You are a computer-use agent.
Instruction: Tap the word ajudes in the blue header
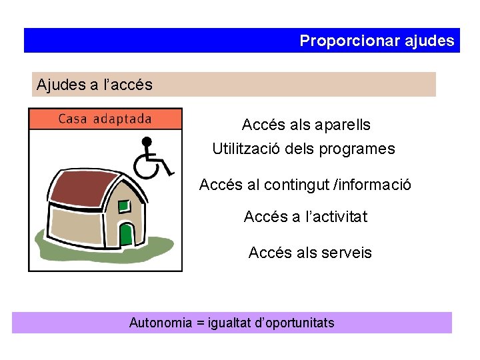[429, 41]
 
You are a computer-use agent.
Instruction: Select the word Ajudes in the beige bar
[61, 85]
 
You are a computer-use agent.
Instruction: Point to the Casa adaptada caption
[105, 119]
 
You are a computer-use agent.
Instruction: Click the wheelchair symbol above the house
[151, 158]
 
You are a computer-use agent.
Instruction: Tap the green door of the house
[126, 234]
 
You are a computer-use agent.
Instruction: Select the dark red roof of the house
[81, 189]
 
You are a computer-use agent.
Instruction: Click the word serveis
[346, 253]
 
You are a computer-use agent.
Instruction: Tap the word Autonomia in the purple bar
[160, 323]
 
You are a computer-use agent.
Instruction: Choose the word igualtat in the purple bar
[231, 323]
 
